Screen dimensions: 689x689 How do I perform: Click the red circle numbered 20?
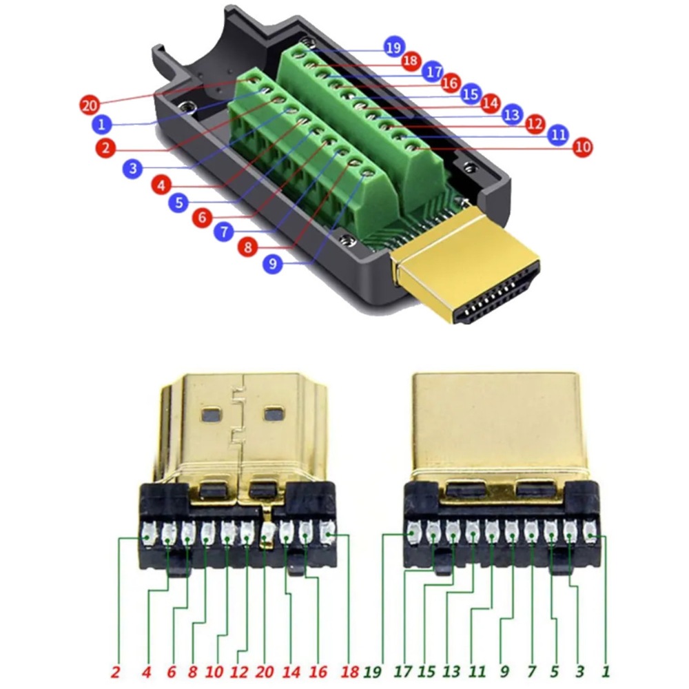89,105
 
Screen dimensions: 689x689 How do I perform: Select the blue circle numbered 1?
101,124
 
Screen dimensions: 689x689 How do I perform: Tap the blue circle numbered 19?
394,48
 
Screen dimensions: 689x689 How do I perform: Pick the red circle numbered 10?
583,147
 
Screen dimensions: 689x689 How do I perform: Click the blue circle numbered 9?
272,263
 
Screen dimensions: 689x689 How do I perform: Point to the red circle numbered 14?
490,104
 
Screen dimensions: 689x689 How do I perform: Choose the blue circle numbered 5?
179,203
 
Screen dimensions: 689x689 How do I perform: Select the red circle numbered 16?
451,83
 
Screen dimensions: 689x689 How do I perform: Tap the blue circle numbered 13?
512,114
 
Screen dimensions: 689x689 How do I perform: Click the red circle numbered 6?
202,217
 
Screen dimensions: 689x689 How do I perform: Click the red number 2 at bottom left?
116,672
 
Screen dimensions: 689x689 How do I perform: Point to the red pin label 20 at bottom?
265,672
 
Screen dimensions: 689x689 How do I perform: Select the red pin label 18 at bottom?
350,672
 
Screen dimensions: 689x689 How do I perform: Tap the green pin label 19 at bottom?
373,672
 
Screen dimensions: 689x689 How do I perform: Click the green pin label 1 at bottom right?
606,671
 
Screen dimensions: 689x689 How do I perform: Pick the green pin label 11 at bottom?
477,672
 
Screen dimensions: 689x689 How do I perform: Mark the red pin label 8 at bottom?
192,672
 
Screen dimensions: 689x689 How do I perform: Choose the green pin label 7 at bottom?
531,672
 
